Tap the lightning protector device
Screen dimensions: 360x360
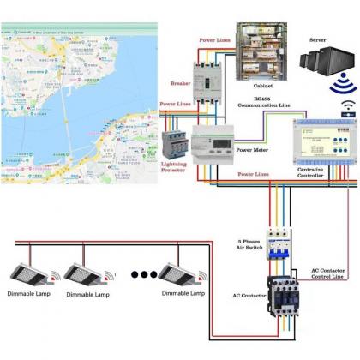[x=176, y=142]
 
